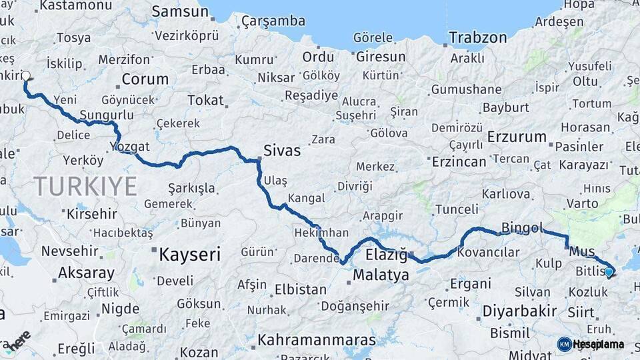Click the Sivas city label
(282, 151)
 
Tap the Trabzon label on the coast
(478, 37)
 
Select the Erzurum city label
(517, 137)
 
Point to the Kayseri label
(189, 254)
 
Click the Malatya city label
(381, 275)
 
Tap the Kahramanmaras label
(317, 340)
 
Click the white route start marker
(27, 76)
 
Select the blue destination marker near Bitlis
(609, 272)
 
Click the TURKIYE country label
(85, 185)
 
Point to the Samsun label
(180, 11)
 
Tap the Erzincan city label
(459, 162)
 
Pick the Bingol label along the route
(522, 228)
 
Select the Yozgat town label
(131, 146)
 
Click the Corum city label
(145, 79)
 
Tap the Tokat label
(205, 100)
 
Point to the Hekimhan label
(321, 233)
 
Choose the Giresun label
(380, 57)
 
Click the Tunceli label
(457, 209)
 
